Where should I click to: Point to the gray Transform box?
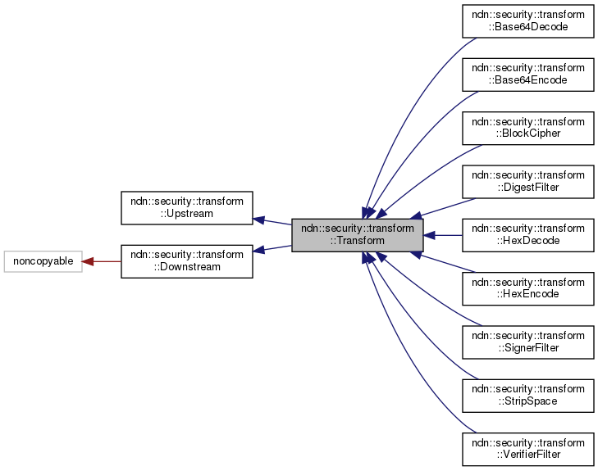pyautogui.click(x=358, y=234)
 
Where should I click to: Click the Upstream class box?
pyautogui.click(x=187, y=208)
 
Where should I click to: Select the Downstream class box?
pyautogui.click(x=187, y=261)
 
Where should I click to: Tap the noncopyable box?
pyautogui.click(x=43, y=261)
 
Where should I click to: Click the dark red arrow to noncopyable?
pyautogui.click(x=102, y=261)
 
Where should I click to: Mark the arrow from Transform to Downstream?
pyautogui.click(x=272, y=248)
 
